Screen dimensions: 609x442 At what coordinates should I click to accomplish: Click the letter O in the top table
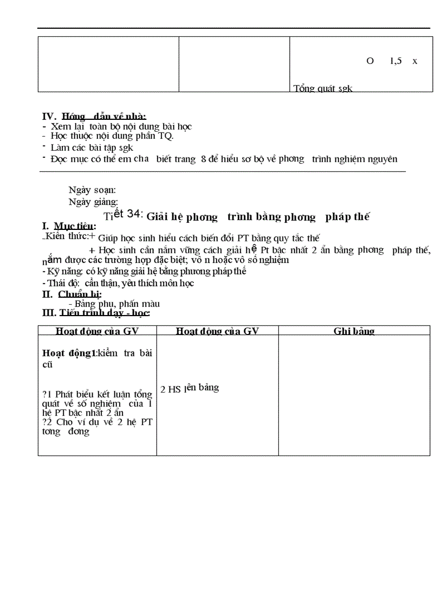(370, 61)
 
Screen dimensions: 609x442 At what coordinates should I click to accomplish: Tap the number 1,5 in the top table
(396, 61)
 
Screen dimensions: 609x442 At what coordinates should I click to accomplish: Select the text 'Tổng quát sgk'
(323, 88)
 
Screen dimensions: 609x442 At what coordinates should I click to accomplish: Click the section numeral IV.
(49, 116)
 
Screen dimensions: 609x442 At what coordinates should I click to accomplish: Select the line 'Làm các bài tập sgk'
(92, 147)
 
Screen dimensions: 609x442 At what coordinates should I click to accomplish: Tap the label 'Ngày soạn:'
(92, 190)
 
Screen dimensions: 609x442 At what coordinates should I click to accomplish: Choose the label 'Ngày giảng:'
(93, 202)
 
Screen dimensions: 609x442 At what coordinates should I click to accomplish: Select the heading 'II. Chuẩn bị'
(71, 294)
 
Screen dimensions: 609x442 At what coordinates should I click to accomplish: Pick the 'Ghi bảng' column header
(354, 331)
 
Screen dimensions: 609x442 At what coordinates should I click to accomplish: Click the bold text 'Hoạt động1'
(69, 353)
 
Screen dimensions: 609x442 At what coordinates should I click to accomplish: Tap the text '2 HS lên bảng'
(190, 388)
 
